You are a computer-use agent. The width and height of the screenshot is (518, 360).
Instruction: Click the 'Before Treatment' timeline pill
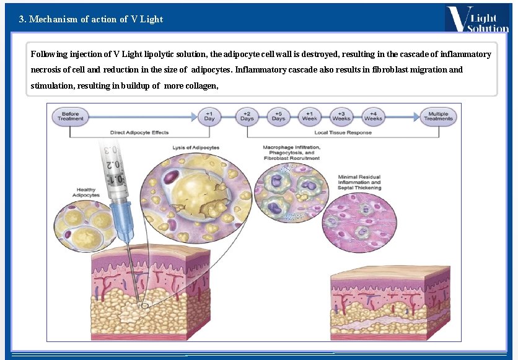[71, 116]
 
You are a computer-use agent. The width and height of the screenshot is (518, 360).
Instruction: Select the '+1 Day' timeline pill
[209, 116]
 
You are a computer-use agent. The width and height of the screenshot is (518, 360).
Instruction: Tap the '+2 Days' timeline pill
[247, 116]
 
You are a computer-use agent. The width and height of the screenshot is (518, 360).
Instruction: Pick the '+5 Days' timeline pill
[278, 116]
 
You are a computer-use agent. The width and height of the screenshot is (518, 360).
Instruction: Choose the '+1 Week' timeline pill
[310, 116]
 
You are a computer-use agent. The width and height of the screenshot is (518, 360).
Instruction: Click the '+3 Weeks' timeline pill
[341, 116]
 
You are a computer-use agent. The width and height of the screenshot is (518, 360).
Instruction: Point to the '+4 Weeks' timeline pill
[373, 116]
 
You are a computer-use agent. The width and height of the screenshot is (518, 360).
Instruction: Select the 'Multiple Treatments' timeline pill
[439, 116]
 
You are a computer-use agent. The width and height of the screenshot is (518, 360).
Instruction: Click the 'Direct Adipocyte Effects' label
[139, 133]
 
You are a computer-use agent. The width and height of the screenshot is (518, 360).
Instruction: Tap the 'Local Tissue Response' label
[343, 133]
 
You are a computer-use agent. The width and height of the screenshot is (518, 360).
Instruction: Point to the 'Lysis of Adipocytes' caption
[196, 147]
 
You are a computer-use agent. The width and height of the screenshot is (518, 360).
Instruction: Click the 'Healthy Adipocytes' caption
[86, 192]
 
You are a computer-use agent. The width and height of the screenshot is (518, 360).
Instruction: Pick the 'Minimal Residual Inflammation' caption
[359, 183]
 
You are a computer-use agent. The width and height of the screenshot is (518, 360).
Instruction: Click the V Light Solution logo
[476, 19]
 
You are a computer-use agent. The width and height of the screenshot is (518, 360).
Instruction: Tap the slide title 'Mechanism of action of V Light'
[91, 19]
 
